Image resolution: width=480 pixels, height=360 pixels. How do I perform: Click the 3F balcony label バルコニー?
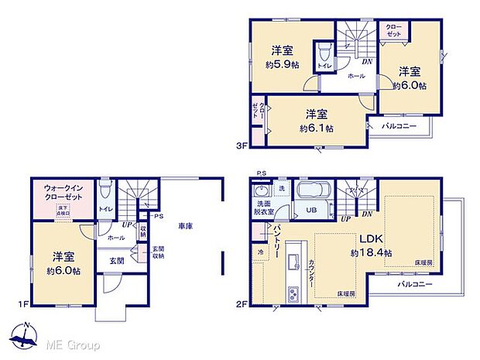tap(399, 125)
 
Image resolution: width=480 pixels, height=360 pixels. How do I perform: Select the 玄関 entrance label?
tap(116, 261)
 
